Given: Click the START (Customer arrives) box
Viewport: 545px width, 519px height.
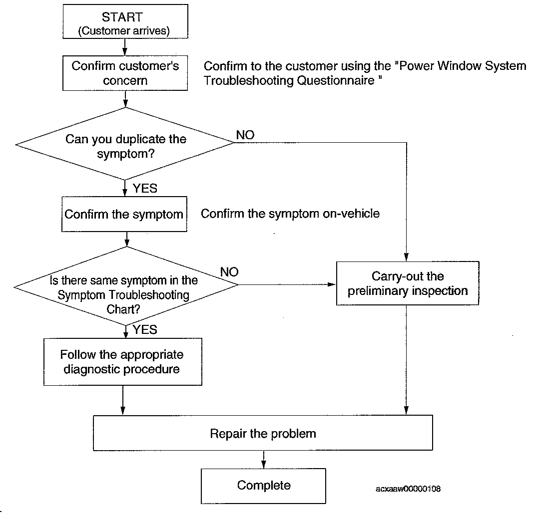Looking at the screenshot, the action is pyautogui.click(x=125, y=21).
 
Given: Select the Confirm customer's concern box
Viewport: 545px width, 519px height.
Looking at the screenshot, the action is pyautogui.click(x=125, y=73).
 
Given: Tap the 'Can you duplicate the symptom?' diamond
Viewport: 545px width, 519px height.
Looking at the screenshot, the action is pyautogui.click(x=125, y=144).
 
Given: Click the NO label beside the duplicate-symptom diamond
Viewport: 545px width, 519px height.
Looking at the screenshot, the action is pyautogui.click(x=245, y=135).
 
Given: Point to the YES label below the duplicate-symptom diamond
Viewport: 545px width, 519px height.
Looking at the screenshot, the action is pyautogui.click(x=145, y=188).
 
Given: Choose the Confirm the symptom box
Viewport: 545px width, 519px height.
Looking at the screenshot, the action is pyautogui.click(x=124, y=214).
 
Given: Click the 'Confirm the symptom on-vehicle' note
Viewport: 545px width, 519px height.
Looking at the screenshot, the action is pyautogui.click(x=290, y=214).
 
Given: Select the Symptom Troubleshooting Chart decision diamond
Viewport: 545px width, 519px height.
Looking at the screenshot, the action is pyautogui.click(x=126, y=286).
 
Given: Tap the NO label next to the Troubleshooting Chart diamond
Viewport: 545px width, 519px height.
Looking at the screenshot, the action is pyautogui.click(x=229, y=272).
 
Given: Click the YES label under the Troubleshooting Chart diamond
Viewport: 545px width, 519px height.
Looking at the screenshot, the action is pyautogui.click(x=145, y=329).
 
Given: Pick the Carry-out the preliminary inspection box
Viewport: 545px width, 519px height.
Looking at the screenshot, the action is pyautogui.click(x=408, y=283).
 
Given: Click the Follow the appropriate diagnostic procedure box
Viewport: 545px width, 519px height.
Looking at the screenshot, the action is pyautogui.click(x=123, y=362).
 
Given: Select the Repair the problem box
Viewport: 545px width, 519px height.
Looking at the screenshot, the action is pyautogui.click(x=263, y=433).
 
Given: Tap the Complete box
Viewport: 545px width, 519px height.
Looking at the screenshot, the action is pyautogui.click(x=263, y=486).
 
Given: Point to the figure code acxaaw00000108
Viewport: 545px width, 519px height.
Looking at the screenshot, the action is pyautogui.click(x=408, y=489).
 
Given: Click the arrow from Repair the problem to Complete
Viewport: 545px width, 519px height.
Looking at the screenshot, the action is pyautogui.click(x=264, y=460).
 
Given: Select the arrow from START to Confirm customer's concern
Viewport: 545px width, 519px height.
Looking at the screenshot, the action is pyautogui.click(x=125, y=47).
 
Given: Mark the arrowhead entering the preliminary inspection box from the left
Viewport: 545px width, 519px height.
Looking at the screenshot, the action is pyautogui.click(x=332, y=284).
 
